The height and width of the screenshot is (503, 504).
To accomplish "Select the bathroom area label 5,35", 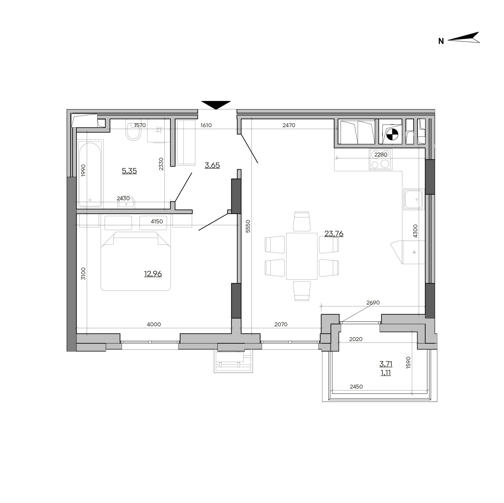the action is coord(129,171).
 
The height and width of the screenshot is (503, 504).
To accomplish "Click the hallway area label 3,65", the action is coord(212,165).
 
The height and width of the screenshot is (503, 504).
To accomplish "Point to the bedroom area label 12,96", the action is coord(153,274).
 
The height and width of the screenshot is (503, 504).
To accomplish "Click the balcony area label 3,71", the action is coord(386,364).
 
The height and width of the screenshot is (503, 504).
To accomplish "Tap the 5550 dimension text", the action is coord(248,226).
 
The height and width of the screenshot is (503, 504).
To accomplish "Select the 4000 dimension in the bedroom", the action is coord(154,324).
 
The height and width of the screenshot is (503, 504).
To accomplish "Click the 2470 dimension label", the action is coord(289,125).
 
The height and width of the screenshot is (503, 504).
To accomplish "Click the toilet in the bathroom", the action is coord(133,130).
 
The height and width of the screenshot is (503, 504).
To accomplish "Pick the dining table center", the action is coord(302,256).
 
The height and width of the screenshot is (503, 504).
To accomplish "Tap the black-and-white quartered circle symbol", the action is coord(392,135).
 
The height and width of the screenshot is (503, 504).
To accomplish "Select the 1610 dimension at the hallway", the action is coord(206,125).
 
